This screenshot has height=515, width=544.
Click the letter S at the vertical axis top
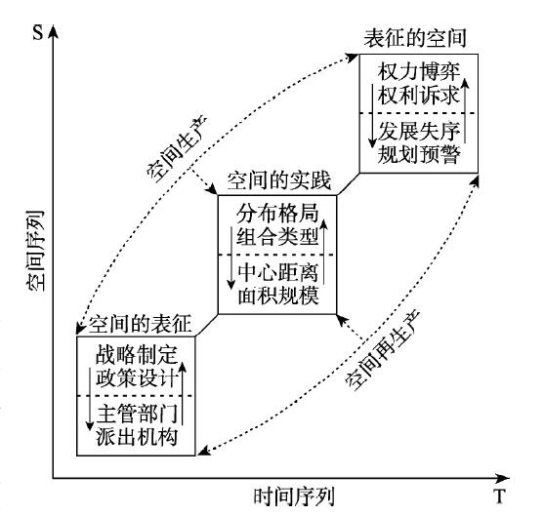(x=38, y=32)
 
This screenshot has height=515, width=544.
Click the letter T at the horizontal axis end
(x=499, y=496)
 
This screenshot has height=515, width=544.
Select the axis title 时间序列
(x=294, y=496)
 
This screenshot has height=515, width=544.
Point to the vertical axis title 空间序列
(x=35, y=251)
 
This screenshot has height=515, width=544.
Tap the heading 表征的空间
(x=415, y=38)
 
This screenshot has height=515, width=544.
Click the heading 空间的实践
(x=279, y=180)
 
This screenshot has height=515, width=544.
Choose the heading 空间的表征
(x=140, y=325)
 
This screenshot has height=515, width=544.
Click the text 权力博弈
(x=419, y=72)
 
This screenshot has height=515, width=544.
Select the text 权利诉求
(x=418, y=95)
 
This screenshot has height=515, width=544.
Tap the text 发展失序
(x=419, y=132)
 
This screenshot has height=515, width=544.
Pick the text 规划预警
(x=419, y=154)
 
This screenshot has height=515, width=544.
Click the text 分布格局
(x=277, y=214)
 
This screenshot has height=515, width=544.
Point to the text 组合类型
(x=277, y=237)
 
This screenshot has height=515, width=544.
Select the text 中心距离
(x=278, y=272)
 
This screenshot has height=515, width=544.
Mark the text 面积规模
(x=278, y=296)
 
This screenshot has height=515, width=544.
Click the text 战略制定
(x=137, y=354)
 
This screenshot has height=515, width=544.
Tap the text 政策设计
(x=137, y=377)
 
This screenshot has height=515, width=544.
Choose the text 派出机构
(x=137, y=437)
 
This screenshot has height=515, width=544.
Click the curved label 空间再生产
(x=383, y=350)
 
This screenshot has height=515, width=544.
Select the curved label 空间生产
(x=177, y=148)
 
